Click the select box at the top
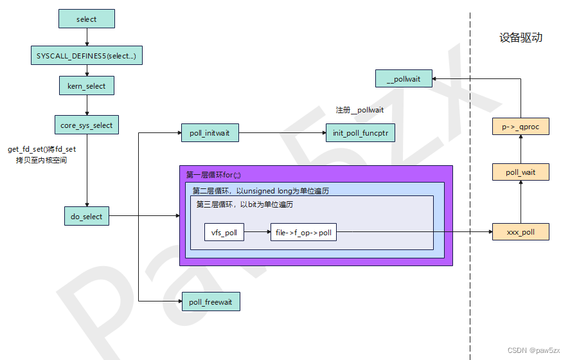pos(86,19)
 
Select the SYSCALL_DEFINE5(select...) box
pos(86,56)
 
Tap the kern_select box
pos(86,85)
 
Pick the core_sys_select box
pos(86,125)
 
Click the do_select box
pos(86,217)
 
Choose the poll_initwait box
pos(209,133)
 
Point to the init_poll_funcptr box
pos(360,133)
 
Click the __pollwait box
pos(404,79)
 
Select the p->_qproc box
pos(521,127)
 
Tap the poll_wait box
pos(521,172)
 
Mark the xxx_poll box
pos(521,232)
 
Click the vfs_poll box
pos(224,233)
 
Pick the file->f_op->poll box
pos(303,233)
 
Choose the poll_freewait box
pos(210,302)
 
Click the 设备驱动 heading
pos(521,37)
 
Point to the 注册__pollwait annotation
pos(360,110)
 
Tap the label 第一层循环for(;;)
pos(213,175)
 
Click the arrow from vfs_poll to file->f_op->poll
pos(257,233)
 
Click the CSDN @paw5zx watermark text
pos(535,350)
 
